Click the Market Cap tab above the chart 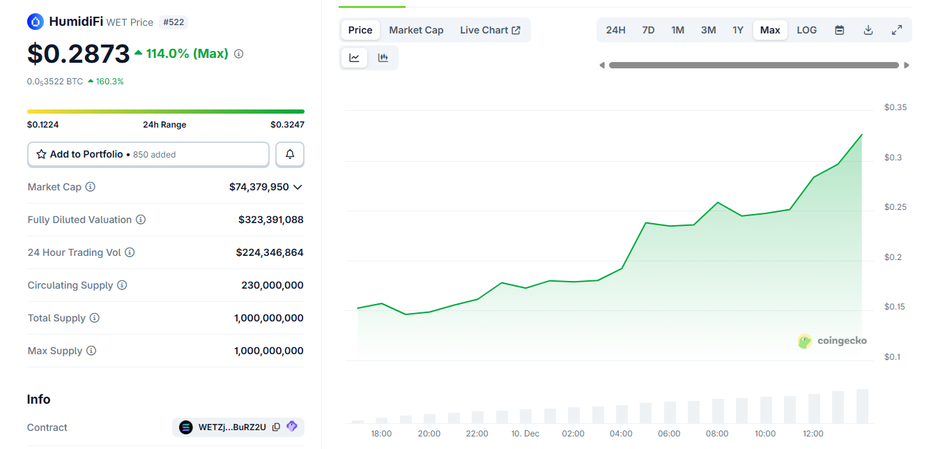(416, 30)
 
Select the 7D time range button (648, 30)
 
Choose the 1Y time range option (738, 30)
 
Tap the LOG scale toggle (806, 30)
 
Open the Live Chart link (490, 30)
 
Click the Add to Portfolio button (148, 154)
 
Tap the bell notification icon (290, 154)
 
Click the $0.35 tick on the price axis (895, 107)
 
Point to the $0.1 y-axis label (893, 357)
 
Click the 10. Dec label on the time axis (525, 434)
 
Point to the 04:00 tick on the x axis (621, 434)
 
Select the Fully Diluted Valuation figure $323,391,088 (271, 220)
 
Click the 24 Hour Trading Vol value (270, 252)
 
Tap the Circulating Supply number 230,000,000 (272, 285)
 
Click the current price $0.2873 (79, 54)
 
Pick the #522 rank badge (174, 22)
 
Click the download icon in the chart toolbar (868, 30)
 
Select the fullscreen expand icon (897, 30)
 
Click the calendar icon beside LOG (840, 30)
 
